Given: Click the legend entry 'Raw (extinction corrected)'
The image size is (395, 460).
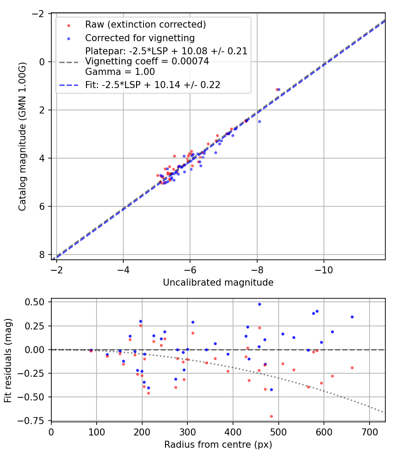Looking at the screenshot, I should (145, 24).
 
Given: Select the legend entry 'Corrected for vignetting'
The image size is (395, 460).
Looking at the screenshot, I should (140, 38).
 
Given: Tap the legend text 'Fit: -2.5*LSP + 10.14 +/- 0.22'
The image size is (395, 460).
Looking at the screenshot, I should (153, 85).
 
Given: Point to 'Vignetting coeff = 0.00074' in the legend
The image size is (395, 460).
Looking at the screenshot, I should (147, 61).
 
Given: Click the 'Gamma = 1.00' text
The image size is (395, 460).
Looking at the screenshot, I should (120, 71).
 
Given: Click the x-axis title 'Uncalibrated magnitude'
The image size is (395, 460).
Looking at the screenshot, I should (218, 283).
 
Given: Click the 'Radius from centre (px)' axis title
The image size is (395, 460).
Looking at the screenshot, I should (218, 445).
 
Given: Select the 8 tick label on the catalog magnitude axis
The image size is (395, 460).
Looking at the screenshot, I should (42, 255).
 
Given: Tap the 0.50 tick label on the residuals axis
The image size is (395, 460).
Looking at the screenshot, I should (36, 302).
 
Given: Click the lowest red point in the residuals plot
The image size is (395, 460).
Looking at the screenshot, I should (271, 416).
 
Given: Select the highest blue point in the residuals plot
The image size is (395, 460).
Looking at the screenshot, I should (259, 304).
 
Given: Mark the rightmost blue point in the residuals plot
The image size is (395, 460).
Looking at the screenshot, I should (352, 317).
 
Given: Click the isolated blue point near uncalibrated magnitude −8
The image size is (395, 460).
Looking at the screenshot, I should (259, 121).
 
